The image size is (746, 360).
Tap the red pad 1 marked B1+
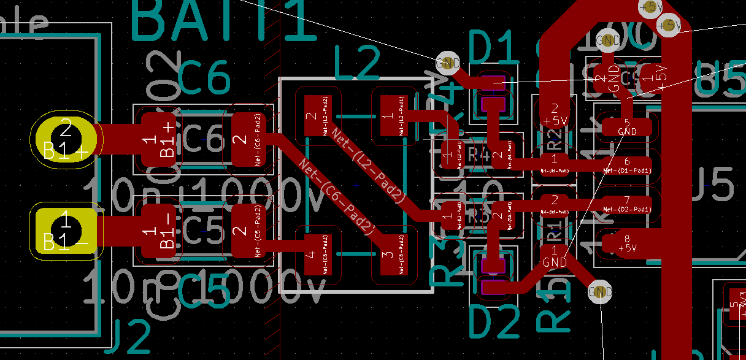tap(158, 139)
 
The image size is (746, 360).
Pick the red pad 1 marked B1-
tap(158, 231)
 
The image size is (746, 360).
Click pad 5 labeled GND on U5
tap(628, 127)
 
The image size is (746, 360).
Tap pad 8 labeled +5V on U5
tap(628, 243)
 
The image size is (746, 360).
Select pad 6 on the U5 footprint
tap(628, 165)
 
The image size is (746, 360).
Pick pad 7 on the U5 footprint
tap(628, 204)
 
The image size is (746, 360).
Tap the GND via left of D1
tap(448, 62)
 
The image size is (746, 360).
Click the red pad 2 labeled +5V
tap(555, 114)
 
